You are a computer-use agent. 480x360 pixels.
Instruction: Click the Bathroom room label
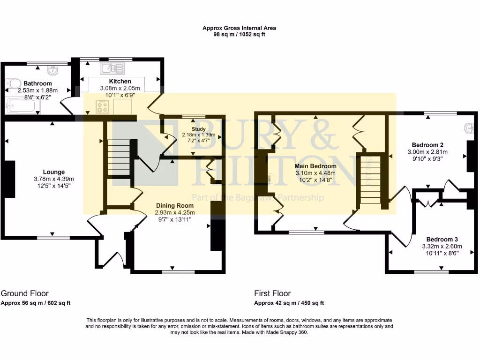37,83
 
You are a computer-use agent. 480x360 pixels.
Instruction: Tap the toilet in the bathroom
13,83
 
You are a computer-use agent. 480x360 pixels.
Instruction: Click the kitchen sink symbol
112,68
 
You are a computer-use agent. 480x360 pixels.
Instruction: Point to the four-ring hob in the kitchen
102,107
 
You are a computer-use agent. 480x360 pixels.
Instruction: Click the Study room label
198,129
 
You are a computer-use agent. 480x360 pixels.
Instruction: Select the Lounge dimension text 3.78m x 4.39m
54,179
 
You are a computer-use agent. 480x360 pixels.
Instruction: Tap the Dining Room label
175,206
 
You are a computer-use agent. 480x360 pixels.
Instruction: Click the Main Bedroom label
315,166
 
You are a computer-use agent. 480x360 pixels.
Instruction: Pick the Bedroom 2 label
427,145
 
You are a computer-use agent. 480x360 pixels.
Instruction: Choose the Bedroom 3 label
442,240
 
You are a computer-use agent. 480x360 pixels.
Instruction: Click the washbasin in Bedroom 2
469,128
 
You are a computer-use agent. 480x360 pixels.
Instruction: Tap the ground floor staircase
119,157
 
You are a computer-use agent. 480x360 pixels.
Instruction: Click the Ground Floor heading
25,293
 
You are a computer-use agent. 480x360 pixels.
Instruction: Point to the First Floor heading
272,293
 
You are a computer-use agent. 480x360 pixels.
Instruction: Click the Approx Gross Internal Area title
239,28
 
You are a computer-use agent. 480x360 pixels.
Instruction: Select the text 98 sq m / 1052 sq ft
239,34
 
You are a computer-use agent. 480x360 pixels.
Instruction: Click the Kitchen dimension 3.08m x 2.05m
120,88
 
